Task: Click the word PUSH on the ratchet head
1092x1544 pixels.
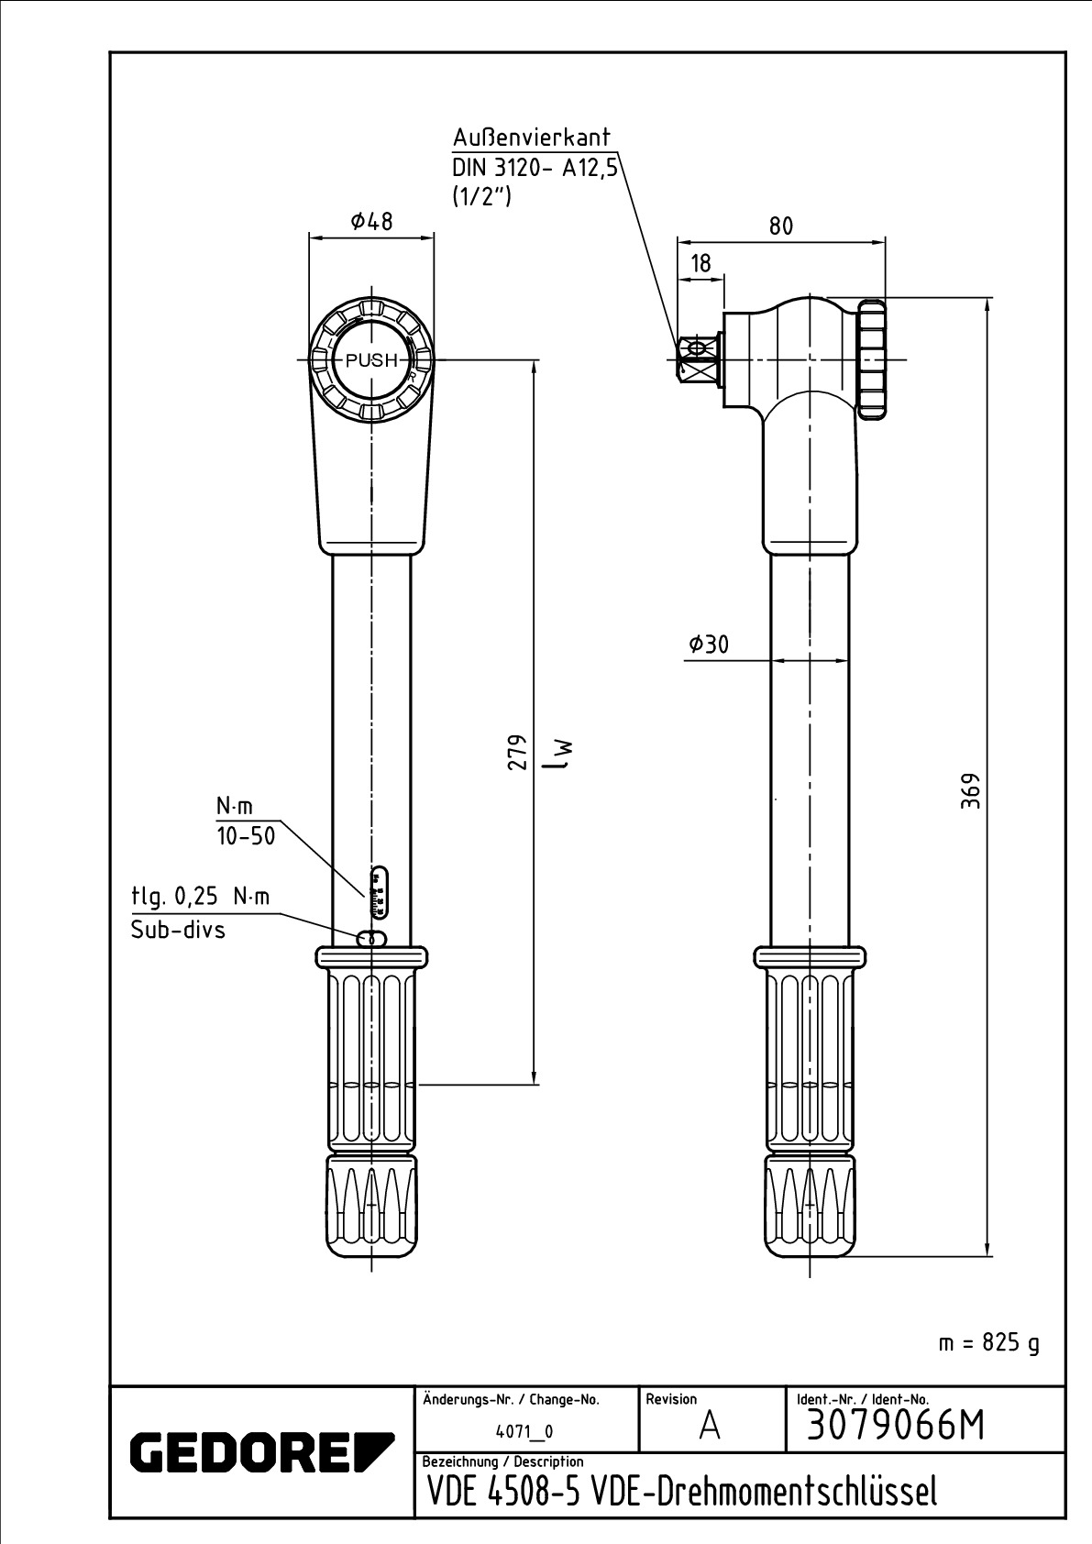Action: [371, 359]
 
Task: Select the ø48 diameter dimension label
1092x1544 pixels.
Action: [371, 221]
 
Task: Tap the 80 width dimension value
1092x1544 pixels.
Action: [780, 226]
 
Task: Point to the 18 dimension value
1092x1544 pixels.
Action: [700, 263]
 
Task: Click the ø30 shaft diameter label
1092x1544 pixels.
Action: [708, 644]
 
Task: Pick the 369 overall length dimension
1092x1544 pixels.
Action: [971, 790]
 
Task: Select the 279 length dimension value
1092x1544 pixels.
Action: [518, 751]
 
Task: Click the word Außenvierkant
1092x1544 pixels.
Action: [532, 138]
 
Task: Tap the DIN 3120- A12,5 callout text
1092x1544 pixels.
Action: [535, 168]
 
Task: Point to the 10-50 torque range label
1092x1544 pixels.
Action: [246, 836]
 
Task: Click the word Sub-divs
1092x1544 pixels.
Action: [178, 930]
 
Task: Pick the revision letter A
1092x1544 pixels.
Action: [710, 1426]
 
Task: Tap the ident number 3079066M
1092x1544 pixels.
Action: [896, 1426]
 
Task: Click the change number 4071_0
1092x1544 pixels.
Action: [524, 1431]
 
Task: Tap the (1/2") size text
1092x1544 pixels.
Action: [481, 197]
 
